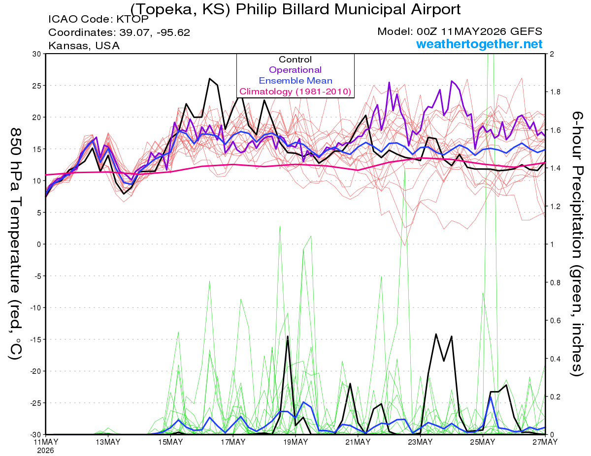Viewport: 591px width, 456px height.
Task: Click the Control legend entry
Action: click(295, 60)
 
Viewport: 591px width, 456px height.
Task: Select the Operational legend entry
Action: click(295, 70)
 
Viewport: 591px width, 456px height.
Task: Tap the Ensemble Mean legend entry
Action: click(295, 81)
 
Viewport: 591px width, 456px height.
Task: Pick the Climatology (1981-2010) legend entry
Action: click(295, 91)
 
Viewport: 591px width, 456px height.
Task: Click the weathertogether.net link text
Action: click(479, 44)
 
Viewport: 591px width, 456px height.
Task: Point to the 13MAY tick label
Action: click(108, 442)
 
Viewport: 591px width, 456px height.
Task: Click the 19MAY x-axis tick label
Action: click(295, 442)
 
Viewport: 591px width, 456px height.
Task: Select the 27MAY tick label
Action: click(545, 442)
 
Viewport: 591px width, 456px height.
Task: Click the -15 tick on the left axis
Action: click(35, 339)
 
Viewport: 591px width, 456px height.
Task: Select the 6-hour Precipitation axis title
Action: click(577, 244)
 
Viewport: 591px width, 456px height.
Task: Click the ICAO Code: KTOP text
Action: click(98, 19)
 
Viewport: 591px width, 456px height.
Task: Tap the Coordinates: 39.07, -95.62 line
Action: click(119, 32)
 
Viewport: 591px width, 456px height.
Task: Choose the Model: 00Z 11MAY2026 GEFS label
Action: click(460, 31)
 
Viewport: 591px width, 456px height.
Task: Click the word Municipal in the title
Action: click(371, 9)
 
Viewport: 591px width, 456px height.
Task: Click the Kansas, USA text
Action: click(84, 46)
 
